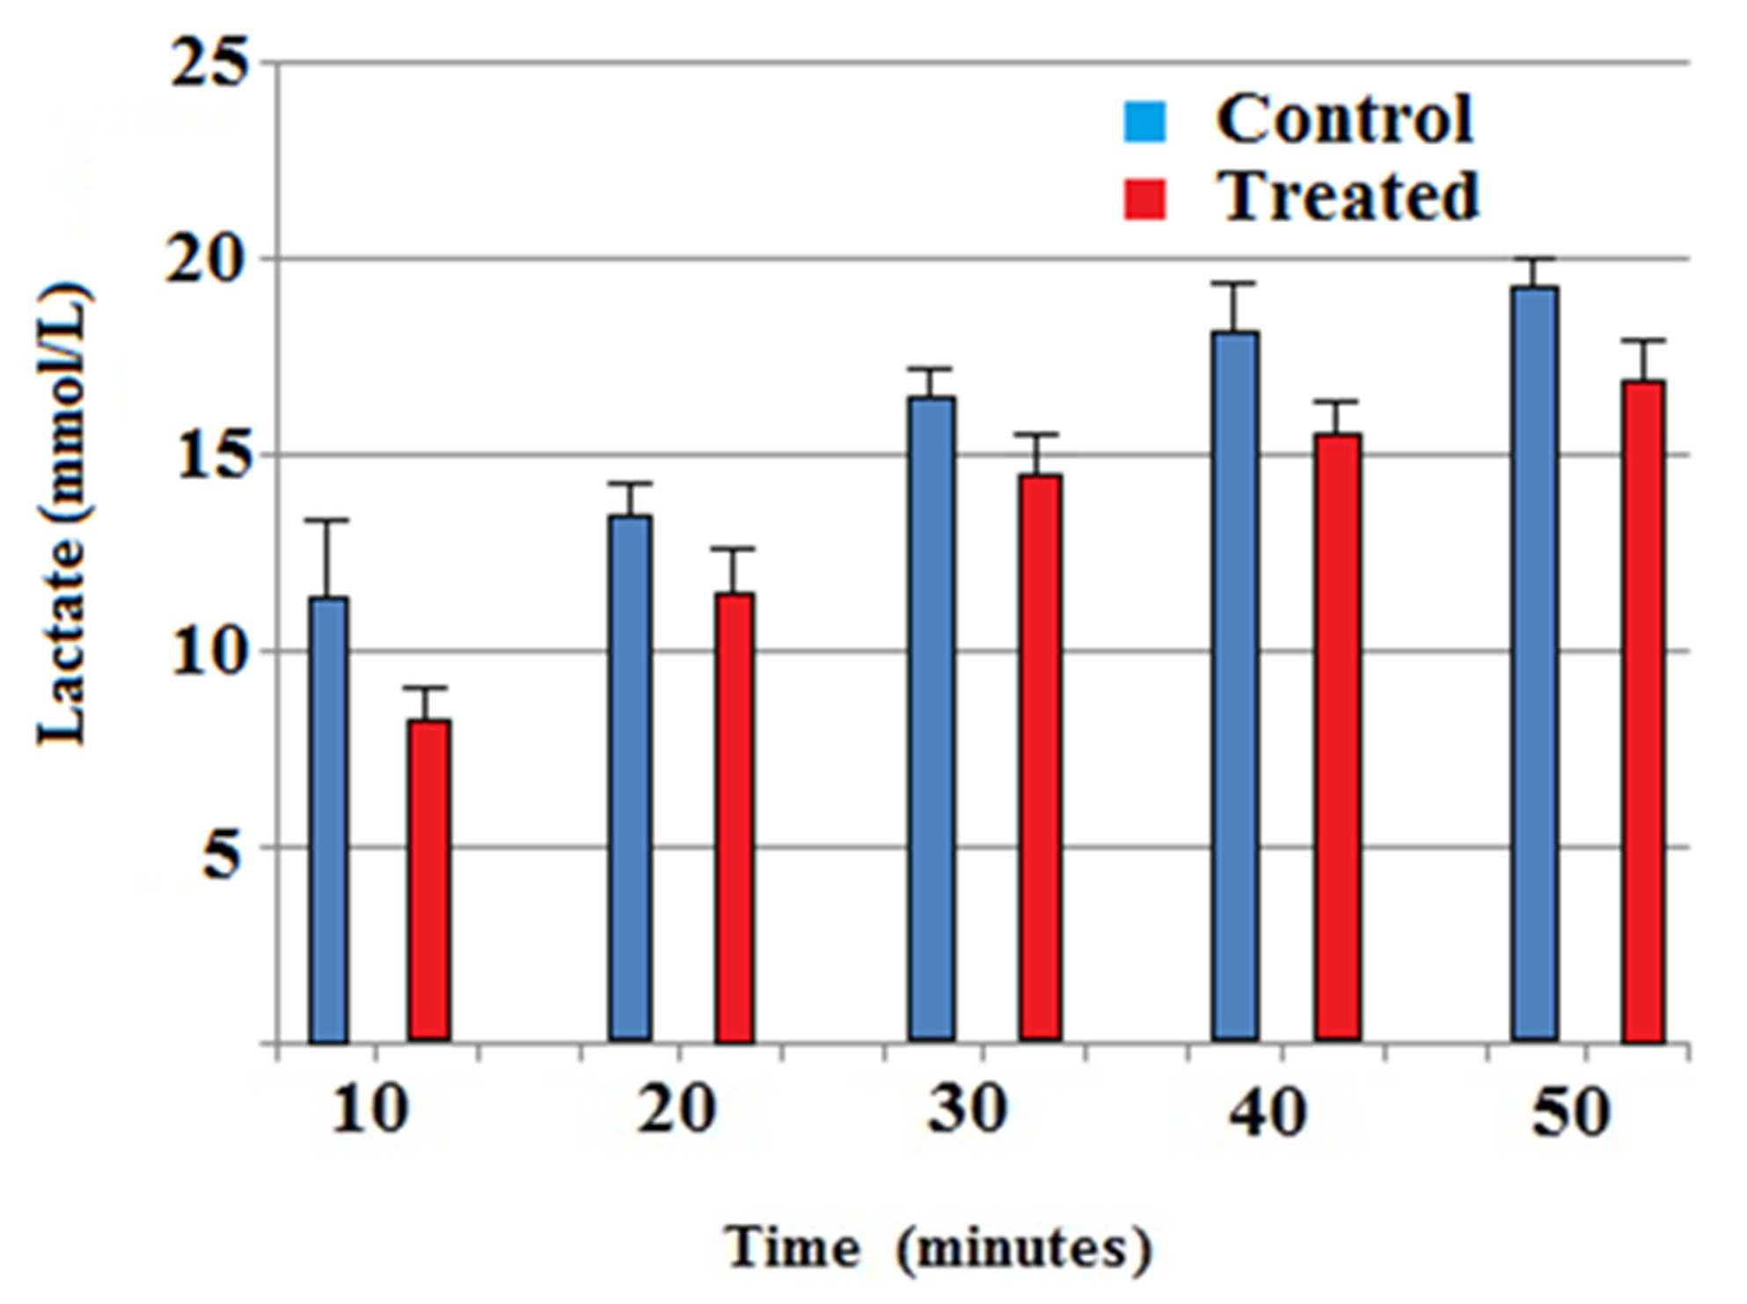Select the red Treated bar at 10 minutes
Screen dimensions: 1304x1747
click(429, 881)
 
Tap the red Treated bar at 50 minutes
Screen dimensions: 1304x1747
click(1643, 711)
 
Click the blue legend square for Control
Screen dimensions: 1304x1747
click(1145, 121)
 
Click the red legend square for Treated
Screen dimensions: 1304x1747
click(1145, 199)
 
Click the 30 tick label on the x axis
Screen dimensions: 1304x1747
click(968, 1110)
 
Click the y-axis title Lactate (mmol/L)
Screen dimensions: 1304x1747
click(63, 514)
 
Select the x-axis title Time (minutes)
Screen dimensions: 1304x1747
click(938, 1248)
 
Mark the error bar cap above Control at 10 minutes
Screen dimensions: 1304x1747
click(327, 521)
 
